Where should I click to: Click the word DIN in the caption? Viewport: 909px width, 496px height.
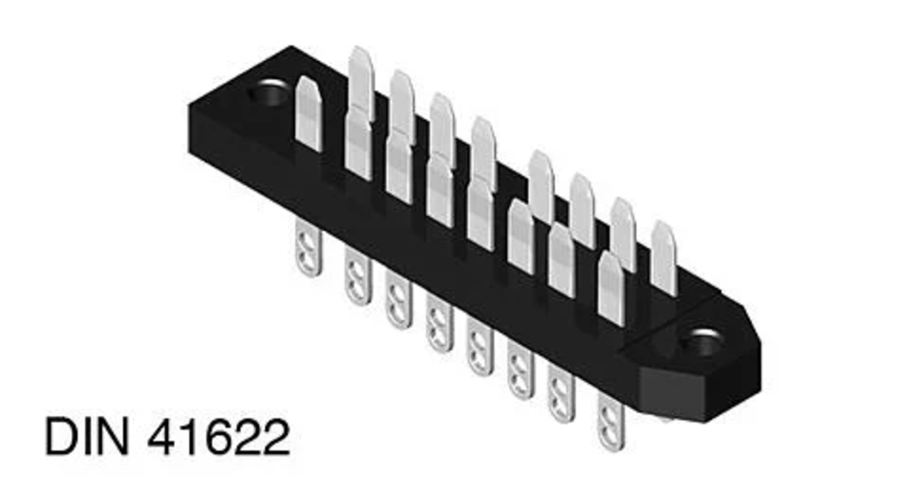[x=87, y=436]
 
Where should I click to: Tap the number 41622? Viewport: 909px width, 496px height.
[x=219, y=437]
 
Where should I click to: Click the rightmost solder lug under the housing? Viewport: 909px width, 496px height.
[x=610, y=422]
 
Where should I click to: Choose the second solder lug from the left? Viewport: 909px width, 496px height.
[x=358, y=276]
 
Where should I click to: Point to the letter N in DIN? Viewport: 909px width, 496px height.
[x=113, y=436]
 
